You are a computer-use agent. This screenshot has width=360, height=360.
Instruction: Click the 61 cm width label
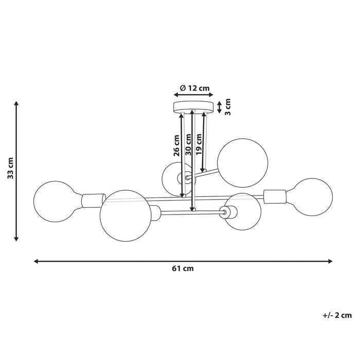tap(183, 268)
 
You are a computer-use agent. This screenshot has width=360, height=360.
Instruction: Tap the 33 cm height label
tap(11, 168)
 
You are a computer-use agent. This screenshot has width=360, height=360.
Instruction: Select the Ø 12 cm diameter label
tap(195, 88)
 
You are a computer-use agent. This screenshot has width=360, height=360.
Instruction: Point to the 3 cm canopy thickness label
tap(227, 107)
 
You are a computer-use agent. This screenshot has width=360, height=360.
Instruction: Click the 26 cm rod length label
tap(176, 146)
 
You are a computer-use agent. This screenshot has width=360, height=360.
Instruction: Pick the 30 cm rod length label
tap(188, 145)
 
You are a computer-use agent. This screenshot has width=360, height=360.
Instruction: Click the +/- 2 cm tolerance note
tap(337, 315)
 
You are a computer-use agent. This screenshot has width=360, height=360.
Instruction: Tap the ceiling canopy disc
tap(193, 107)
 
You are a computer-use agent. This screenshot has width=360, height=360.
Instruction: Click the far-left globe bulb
tap(56, 202)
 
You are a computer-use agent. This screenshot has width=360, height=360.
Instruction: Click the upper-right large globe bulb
tap(242, 163)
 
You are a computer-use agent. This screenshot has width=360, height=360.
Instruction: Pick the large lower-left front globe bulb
tap(125, 215)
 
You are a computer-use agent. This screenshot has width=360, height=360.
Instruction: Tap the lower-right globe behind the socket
tap(243, 211)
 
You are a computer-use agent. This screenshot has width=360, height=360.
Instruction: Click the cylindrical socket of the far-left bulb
tap(94, 201)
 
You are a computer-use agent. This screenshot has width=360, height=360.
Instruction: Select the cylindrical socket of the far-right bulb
tap(275, 196)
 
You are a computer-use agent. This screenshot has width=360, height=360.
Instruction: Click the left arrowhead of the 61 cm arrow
tap(36, 261)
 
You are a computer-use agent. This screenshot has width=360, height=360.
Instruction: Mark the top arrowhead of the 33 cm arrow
tap(16, 103)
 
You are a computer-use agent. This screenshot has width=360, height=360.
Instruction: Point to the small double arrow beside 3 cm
tap(220, 107)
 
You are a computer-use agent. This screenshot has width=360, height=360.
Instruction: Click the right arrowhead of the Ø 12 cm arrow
tap(211, 94)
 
